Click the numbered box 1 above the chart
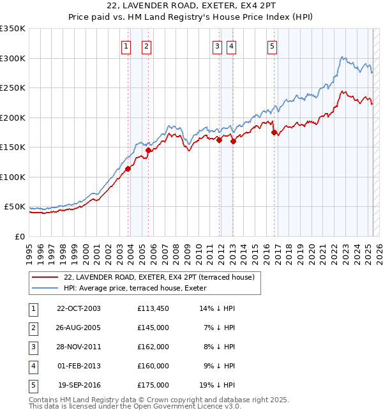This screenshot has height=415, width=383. [x=126, y=45]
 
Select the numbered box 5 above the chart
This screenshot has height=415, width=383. [x=273, y=45]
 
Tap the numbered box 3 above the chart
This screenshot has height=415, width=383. [x=217, y=45]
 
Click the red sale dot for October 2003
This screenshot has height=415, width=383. [x=128, y=169]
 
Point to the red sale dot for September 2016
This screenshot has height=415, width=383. [x=274, y=133]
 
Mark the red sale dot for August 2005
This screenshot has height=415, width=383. [x=148, y=150]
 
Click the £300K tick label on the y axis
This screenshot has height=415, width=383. [x=12, y=58]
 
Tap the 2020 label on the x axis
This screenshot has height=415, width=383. [x=312, y=251]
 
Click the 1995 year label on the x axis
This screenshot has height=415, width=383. [x=29, y=251]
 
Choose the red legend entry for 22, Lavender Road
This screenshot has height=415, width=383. [x=159, y=277]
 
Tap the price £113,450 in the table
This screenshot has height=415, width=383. [x=153, y=308]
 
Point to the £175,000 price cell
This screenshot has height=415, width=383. [x=153, y=385]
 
